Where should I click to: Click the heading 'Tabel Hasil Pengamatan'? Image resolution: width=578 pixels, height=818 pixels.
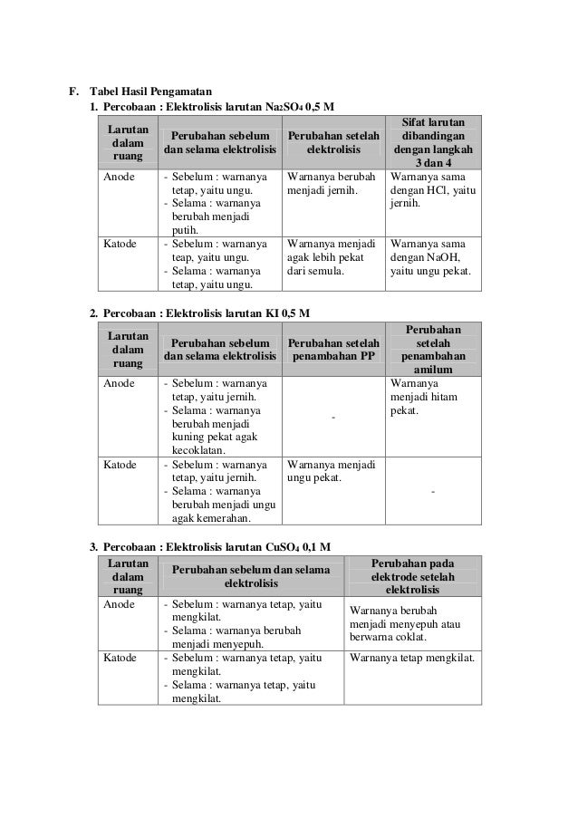pyautogui.click(x=149, y=91)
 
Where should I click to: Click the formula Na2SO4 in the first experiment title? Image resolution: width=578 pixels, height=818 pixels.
pyautogui.click(x=284, y=108)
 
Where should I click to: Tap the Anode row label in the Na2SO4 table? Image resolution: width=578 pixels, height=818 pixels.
pyautogui.click(x=119, y=177)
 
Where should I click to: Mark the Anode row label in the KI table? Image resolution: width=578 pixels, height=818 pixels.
pyautogui.click(x=119, y=383)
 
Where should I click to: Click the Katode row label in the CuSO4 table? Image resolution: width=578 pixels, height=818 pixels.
pyautogui.click(x=120, y=658)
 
